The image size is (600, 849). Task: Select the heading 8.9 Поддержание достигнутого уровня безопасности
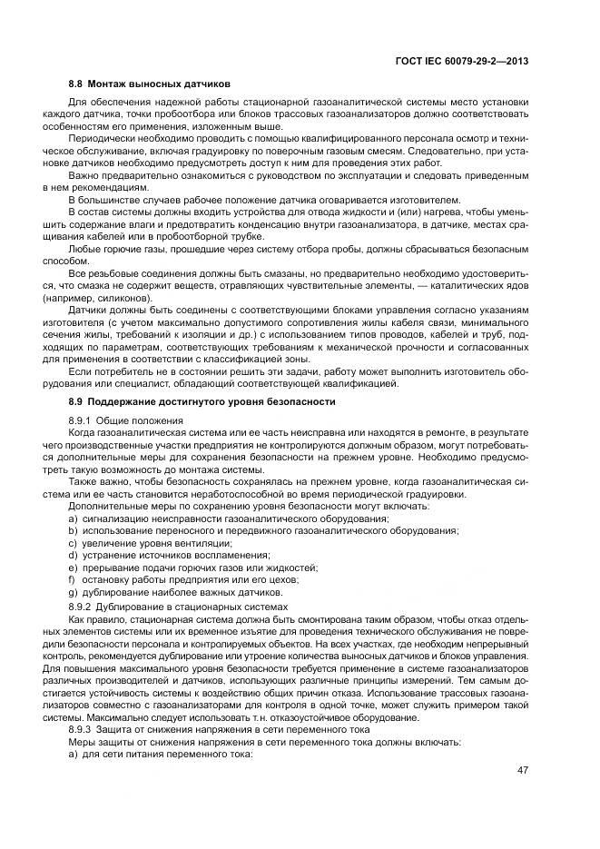click(202, 400)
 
